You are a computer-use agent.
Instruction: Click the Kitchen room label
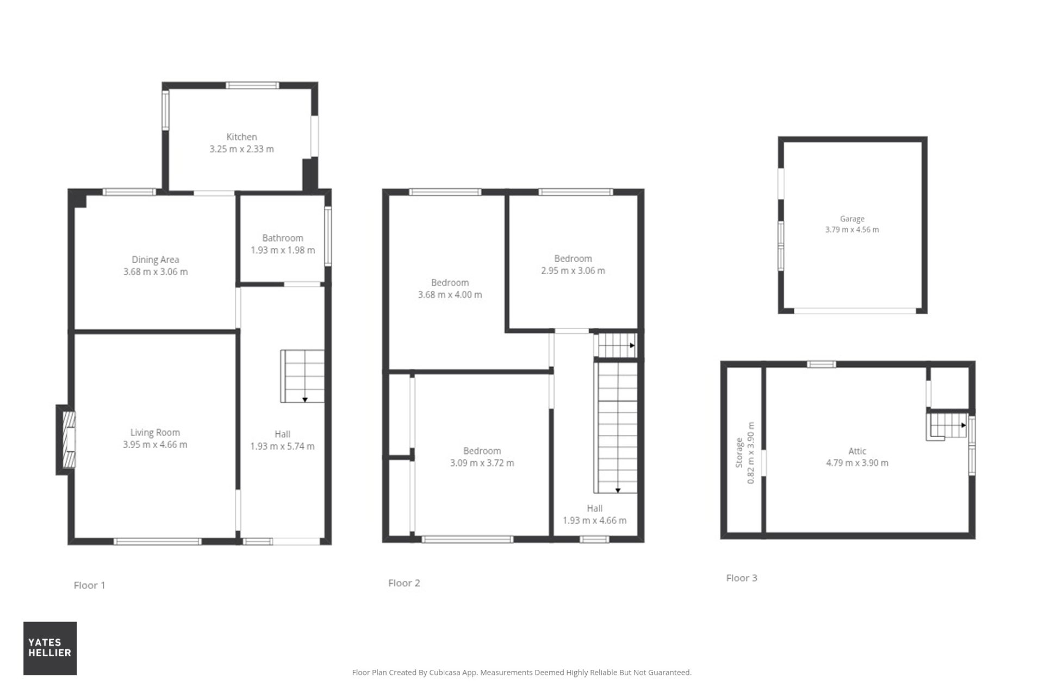click(241, 137)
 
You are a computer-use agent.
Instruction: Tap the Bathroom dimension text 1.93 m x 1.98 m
click(283, 250)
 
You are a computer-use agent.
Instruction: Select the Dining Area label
click(156, 260)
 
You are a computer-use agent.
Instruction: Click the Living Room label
click(155, 433)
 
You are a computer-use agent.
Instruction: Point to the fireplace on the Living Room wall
click(66, 439)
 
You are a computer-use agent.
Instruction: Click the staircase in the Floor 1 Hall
click(302, 376)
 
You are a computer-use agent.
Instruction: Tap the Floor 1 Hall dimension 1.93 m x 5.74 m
click(282, 446)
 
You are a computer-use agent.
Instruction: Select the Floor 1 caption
click(89, 585)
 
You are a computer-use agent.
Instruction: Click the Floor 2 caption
click(404, 583)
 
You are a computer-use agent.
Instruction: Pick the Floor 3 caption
click(742, 578)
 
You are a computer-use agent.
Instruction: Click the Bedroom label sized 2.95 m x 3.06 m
click(573, 259)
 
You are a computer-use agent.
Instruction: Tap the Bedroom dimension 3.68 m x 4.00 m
click(450, 295)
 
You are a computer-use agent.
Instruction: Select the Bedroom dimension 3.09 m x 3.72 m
click(482, 463)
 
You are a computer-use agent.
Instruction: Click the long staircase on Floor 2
click(617, 428)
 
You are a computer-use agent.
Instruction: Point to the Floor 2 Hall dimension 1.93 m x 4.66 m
click(594, 520)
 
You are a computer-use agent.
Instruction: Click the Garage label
click(852, 219)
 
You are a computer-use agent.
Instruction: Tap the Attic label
click(857, 451)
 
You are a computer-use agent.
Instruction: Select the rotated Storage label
click(739, 453)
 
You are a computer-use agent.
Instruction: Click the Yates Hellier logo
click(50, 648)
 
